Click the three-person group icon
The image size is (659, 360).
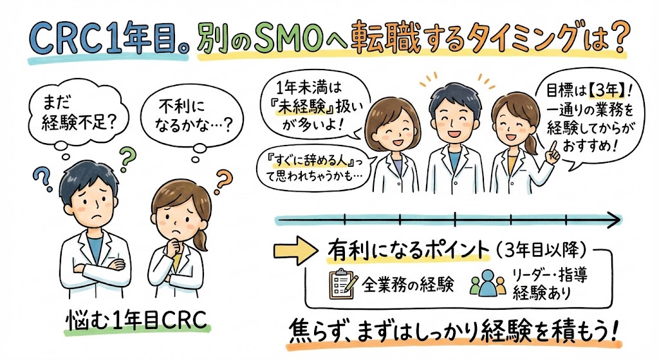(x=488, y=284)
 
